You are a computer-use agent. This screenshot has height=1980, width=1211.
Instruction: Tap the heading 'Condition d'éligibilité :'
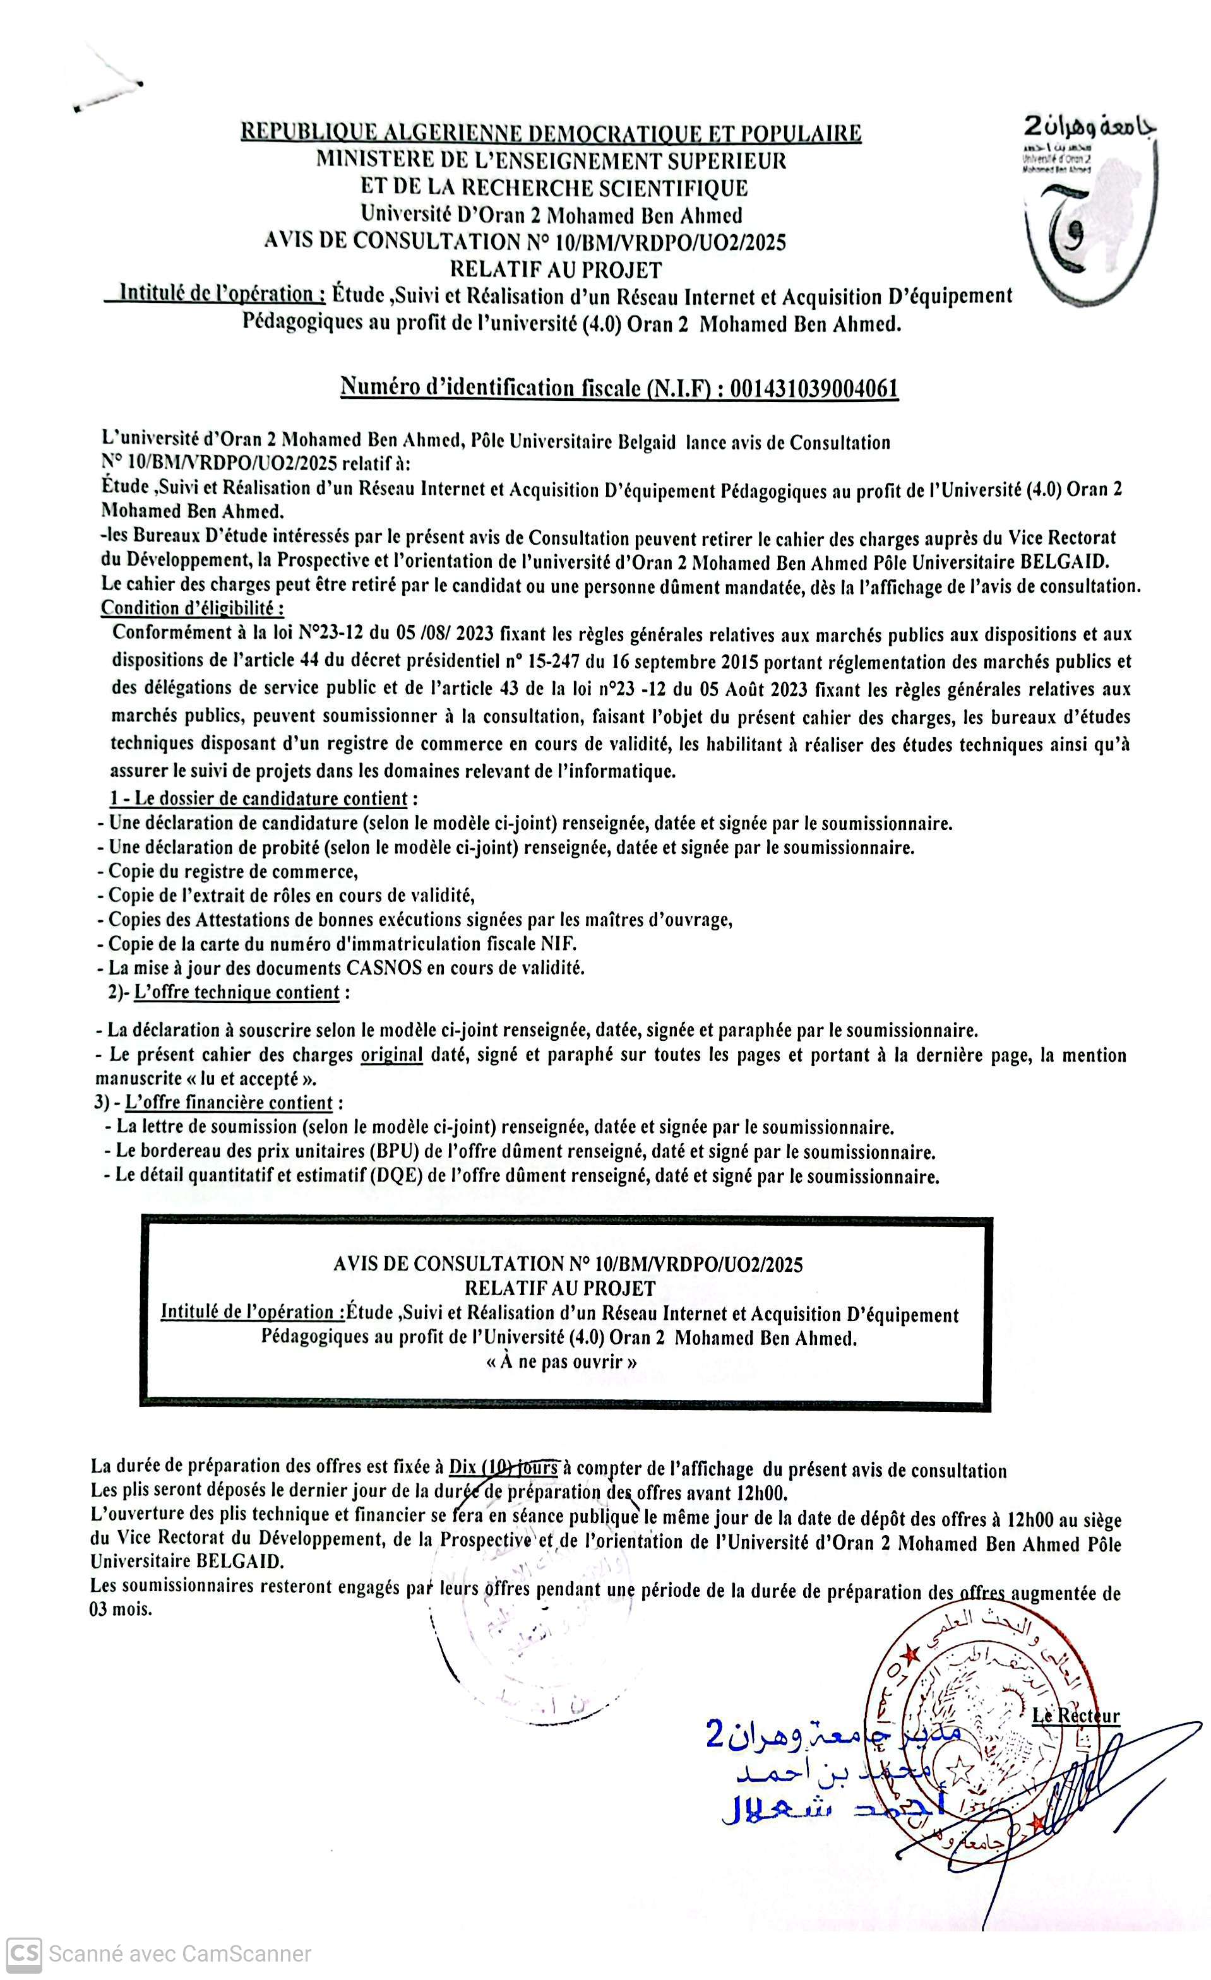pos(191,608)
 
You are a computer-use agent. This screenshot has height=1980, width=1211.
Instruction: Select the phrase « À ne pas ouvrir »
pos(562,1362)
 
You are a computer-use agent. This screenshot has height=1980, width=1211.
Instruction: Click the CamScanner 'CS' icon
pos(23,1954)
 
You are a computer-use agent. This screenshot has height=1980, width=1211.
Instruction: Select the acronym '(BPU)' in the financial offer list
pos(394,1151)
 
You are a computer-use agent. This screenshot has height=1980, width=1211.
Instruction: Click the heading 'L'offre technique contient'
pos(237,992)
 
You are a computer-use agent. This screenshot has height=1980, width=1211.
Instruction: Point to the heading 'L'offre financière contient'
pos(229,1103)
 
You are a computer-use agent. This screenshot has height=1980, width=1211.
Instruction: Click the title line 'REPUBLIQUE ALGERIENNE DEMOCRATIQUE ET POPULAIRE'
pos(551,133)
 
